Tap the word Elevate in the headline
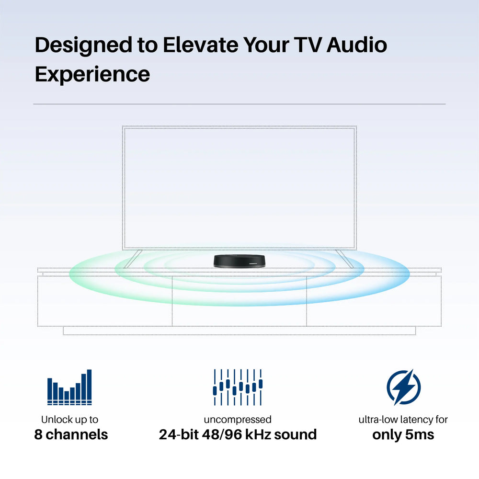(x=200, y=45)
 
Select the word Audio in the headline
(x=356, y=45)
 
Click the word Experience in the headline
(x=92, y=75)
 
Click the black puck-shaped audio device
(x=239, y=261)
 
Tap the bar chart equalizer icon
(x=69, y=388)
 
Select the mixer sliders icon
(x=238, y=388)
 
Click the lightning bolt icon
(x=403, y=387)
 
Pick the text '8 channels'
(x=71, y=434)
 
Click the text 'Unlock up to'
(x=69, y=420)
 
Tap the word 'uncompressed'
(x=238, y=420)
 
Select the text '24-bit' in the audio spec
(x=179, y=434)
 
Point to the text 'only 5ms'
(x=403, y=435)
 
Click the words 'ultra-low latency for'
(x=403, y=420)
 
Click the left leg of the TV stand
(x=133, y=259)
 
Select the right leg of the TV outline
(x=344, y=259)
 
